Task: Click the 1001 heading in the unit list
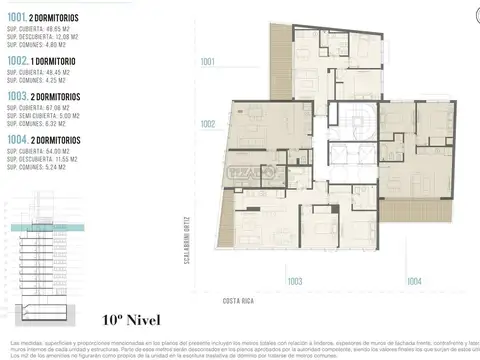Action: click(x=15, y=18)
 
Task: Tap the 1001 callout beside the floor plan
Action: click(x=207, y=63)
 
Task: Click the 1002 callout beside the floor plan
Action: click(x=207, y=125)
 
